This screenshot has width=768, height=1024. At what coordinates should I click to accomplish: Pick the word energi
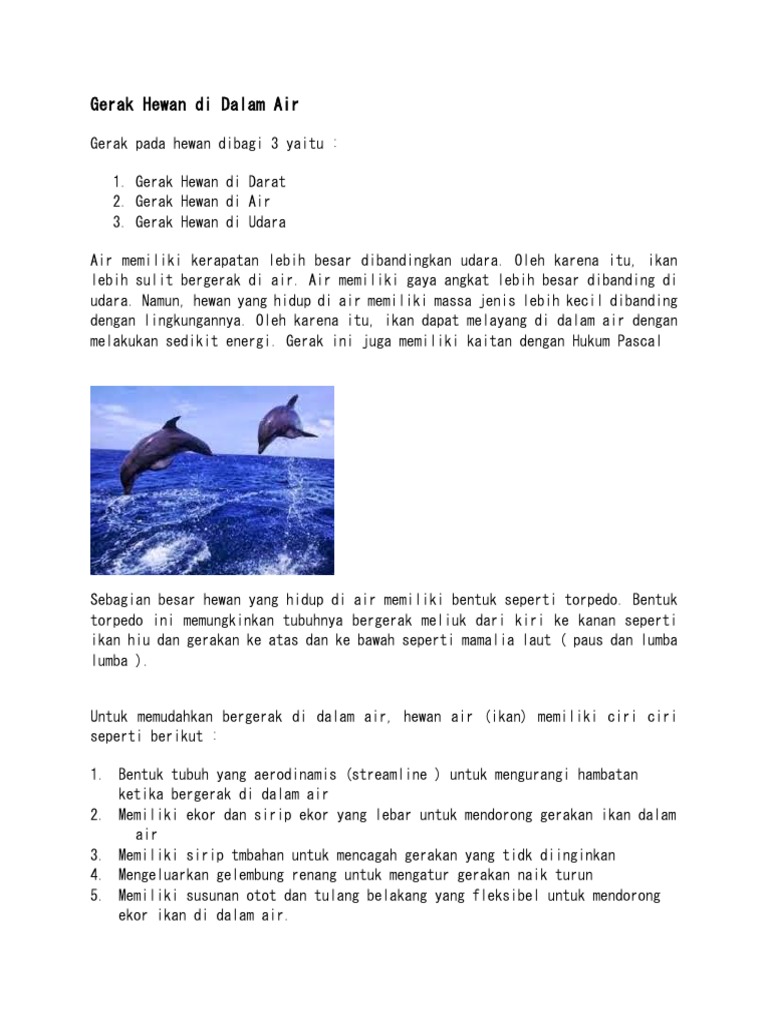click(250, 342)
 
